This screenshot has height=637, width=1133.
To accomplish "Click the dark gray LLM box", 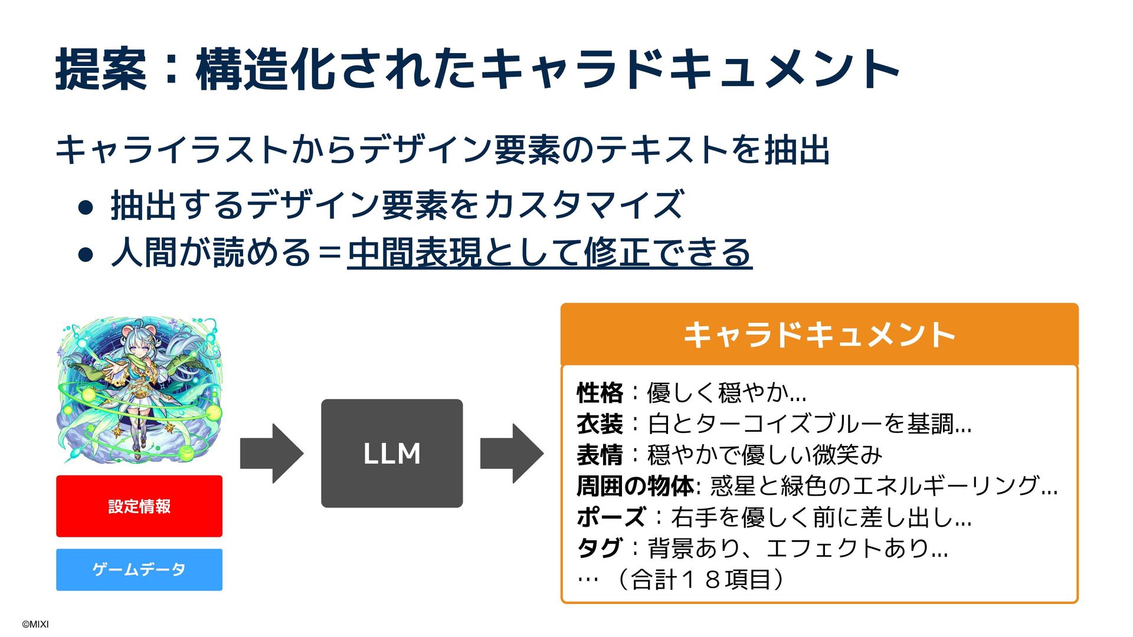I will coord(392,453).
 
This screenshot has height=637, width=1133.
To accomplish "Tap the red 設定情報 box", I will coord(139,506).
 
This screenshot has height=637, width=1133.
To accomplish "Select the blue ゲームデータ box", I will coord(139,569).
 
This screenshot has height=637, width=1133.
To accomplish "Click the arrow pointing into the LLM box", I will coord(271,453).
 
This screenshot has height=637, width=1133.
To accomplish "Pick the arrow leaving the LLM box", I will coord(512,453).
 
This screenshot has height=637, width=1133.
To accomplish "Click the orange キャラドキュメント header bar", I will coord(819,334).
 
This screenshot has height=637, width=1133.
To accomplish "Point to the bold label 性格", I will coord(600,392).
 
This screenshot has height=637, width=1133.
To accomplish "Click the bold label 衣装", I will coord(600,423).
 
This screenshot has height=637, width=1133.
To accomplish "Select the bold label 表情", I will coord(600,455).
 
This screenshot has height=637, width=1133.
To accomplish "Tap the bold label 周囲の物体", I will coord(635,486).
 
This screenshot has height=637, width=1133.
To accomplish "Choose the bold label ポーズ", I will coord(611,517).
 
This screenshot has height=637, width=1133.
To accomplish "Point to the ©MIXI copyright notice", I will coord(35,624).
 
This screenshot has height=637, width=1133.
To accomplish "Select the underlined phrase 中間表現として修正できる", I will coord(549,252).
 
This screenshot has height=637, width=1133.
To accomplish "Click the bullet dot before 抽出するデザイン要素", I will coord(86,207).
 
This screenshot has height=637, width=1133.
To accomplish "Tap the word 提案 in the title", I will coord(101,70).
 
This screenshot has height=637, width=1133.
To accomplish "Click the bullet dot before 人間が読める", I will coord(86,254).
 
